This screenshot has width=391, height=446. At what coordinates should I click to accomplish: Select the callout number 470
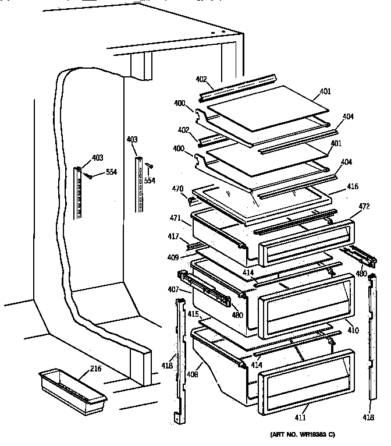(x=177, y=189)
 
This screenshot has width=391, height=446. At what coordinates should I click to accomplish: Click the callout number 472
(x=364, y=207)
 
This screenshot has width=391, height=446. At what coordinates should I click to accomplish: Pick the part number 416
(x=353, y=187)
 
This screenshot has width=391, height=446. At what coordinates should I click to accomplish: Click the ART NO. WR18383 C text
(x=303, y=435)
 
